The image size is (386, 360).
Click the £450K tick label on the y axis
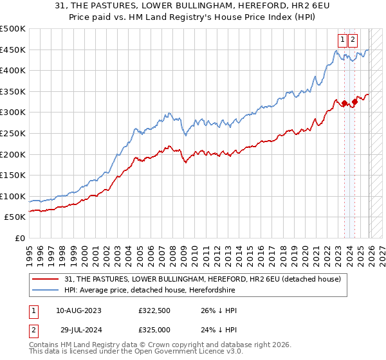point(13,50)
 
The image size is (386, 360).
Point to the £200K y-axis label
point(13,154)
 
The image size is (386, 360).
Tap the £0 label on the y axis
point(19,238)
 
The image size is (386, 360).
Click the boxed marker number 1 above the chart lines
point(344,39)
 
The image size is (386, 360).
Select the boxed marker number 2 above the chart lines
point(354,39)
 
